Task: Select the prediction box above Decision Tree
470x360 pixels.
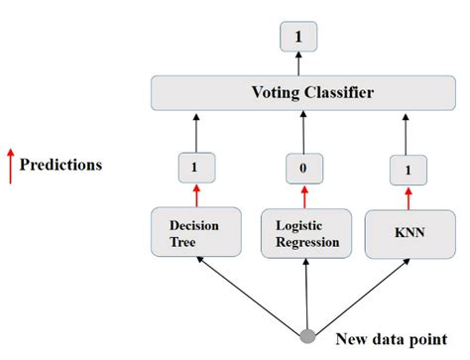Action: point(195,167)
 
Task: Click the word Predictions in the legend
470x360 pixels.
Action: point(60,165)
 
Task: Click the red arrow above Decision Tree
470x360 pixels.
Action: point(195,192)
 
